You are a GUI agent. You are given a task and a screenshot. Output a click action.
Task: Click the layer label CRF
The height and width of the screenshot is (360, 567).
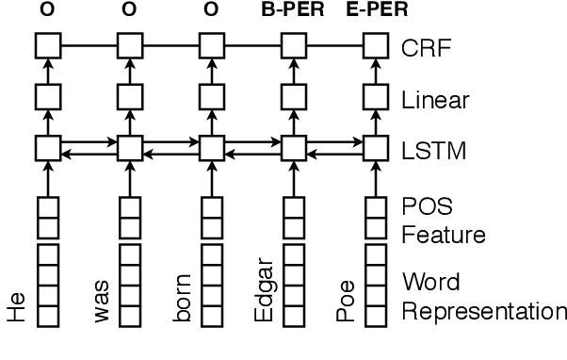[x=423, y=45]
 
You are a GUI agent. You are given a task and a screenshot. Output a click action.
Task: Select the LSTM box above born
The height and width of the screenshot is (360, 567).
[x=212, y=148]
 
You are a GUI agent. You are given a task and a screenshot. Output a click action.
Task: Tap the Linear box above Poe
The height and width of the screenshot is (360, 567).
[x=377, y=96]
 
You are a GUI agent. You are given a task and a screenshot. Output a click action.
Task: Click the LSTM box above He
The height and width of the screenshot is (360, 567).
[x=46, y=148]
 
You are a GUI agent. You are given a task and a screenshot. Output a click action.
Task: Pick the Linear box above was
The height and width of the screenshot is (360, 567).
[x=129, y=96]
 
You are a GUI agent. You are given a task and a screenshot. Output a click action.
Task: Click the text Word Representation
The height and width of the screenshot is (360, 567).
[x=482, y=296]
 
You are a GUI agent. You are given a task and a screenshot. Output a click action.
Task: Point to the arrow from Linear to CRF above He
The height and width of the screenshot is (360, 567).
[x=46, y=71]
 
